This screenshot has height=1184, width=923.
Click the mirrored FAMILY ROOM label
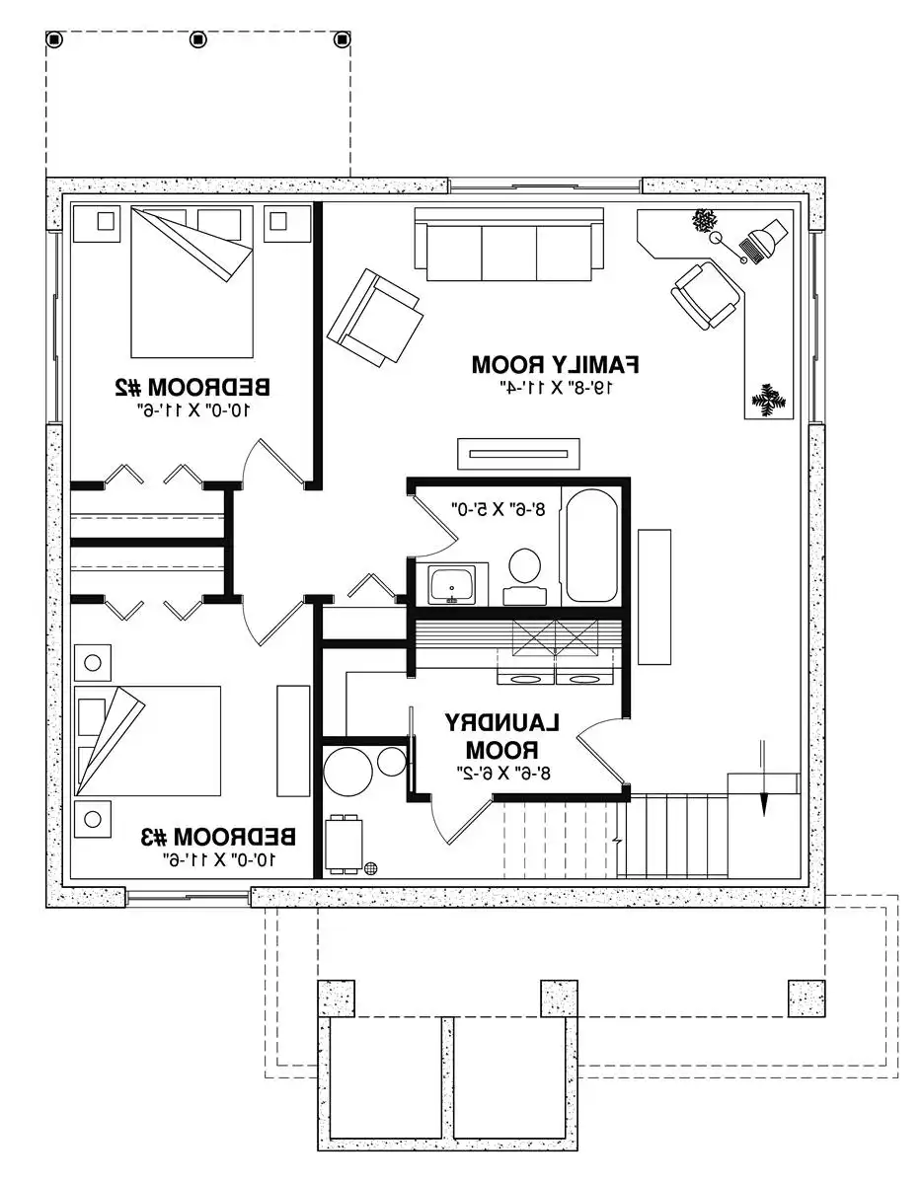click(555, 364)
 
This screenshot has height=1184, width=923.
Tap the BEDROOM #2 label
click(192, 388)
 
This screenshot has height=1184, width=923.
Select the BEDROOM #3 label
click(218, 837)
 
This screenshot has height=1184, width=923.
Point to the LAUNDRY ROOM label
click(502, 736)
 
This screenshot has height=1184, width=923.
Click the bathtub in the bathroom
click(591, 546)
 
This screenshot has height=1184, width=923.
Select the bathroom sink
click(451, 585)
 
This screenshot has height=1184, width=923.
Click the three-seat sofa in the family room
click(509, 244)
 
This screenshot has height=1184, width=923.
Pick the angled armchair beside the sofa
click(375, 318)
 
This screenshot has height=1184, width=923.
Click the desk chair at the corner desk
click(707, 296)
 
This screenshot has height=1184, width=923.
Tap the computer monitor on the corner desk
click(763, 239)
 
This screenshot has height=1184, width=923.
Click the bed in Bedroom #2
click(192, 282)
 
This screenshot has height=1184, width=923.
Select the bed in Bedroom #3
click(147, 740)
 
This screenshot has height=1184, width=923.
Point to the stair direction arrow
click(764, 778)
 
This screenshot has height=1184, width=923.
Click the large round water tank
click(347, 771)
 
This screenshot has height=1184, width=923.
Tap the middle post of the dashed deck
click(197, 39)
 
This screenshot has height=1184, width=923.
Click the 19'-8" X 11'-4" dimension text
click(556, 388)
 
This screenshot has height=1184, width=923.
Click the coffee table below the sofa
click(518, 453)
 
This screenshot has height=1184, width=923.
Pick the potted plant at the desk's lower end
click(769, 401)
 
